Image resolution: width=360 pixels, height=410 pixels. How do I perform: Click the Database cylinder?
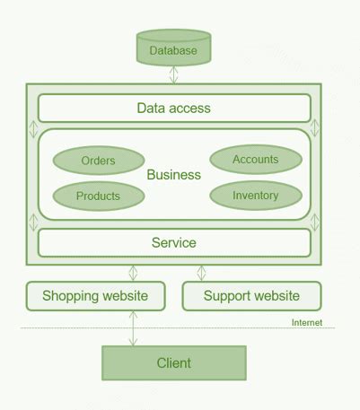(x=173, y=49)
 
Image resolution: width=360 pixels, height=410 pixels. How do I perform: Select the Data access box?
(x=173, y=109)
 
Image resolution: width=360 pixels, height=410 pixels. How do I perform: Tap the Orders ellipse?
(x=98, y=161)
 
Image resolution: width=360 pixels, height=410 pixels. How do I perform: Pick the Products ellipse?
(x=98, y=196)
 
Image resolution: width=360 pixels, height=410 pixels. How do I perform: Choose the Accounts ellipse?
(x=255, y=160)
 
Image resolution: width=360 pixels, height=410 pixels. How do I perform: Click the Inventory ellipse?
(x=255, y=196)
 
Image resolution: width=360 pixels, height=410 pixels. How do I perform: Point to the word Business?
(x=173, y=175)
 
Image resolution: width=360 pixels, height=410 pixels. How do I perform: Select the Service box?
(x=173, y=243)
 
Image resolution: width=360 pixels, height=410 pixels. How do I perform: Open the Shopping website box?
(x=94, y=295)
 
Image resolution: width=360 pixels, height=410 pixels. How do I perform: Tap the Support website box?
(x=251, y=295)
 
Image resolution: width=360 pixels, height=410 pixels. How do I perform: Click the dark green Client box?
(x=173, y=363)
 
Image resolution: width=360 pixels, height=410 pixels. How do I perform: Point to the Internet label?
(x=307, y=322)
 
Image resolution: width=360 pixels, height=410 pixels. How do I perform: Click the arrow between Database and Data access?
(x=173, y=74)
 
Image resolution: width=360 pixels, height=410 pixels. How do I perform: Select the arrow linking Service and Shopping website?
(x=133, y=272)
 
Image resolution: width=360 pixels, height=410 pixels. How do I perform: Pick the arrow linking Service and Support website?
(x=201, y=272)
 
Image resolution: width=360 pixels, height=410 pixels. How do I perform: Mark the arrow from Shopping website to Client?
(x=133, y=328)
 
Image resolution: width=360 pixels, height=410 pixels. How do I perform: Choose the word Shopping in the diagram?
(x=71, y=295)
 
